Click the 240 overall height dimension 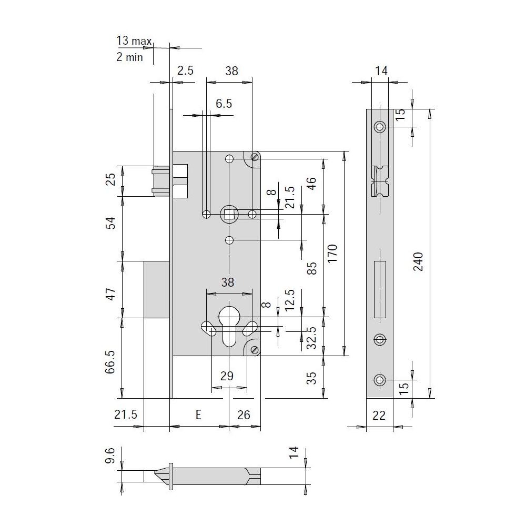coord(418,261)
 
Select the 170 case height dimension coord(332,254)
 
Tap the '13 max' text coord(134,41)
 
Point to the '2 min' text coord(129,57)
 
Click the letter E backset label coord(198,414)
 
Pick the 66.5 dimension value coord(110,362)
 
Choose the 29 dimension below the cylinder coord(227,376)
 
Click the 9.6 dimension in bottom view coord(110,455)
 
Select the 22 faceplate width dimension coord(379,416)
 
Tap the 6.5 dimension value coord(224,103)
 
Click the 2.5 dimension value coord(186,70)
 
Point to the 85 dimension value coord(312,268)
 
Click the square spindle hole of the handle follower coord(229,215)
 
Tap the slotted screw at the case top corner coord(255,156)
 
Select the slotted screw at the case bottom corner coord(255,350)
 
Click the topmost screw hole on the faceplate coord(380,127)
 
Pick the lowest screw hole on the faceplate coord(380,380)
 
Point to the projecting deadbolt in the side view coord(156,289)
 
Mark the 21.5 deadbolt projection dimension coord(126,414)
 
